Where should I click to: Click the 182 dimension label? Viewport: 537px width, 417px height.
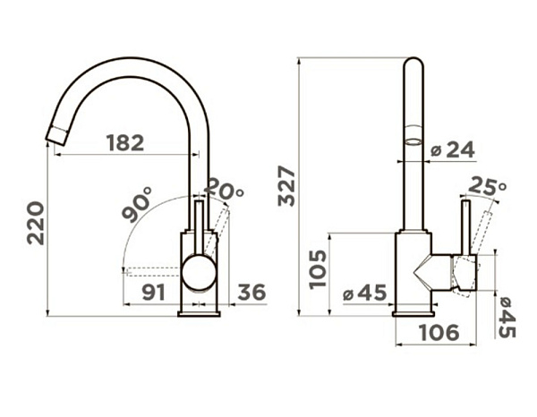click(125, 143)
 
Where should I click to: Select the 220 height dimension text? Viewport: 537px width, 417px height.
click(36, 223)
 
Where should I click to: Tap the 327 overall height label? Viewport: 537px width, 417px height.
click(286, 186)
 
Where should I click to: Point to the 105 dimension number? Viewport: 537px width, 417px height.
click(318, 269)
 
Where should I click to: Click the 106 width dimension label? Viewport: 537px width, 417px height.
click(439, 332)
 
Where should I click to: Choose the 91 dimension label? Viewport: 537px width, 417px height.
click(154, 292)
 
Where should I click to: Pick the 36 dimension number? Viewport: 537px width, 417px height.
click(251, 292)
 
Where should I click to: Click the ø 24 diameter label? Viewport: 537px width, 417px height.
click(453, 149)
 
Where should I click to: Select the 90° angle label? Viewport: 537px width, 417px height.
click(137, 204)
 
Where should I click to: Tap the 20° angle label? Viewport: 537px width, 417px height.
click(225, 189)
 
